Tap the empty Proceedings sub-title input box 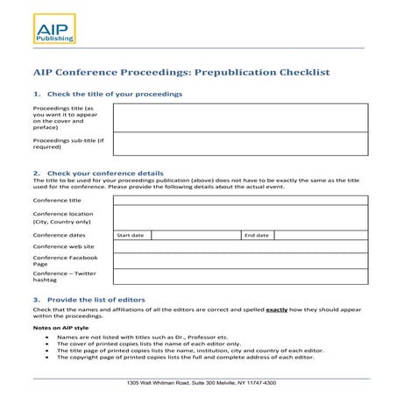[239, 143]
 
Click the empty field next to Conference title [239, 200]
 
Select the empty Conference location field [239, 217]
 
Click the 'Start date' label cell [131, 236]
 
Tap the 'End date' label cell [257, 236]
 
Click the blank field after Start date [195, 236]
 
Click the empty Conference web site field [239, 247]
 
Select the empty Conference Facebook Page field [239, 260]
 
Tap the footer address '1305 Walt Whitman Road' [201, 382]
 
